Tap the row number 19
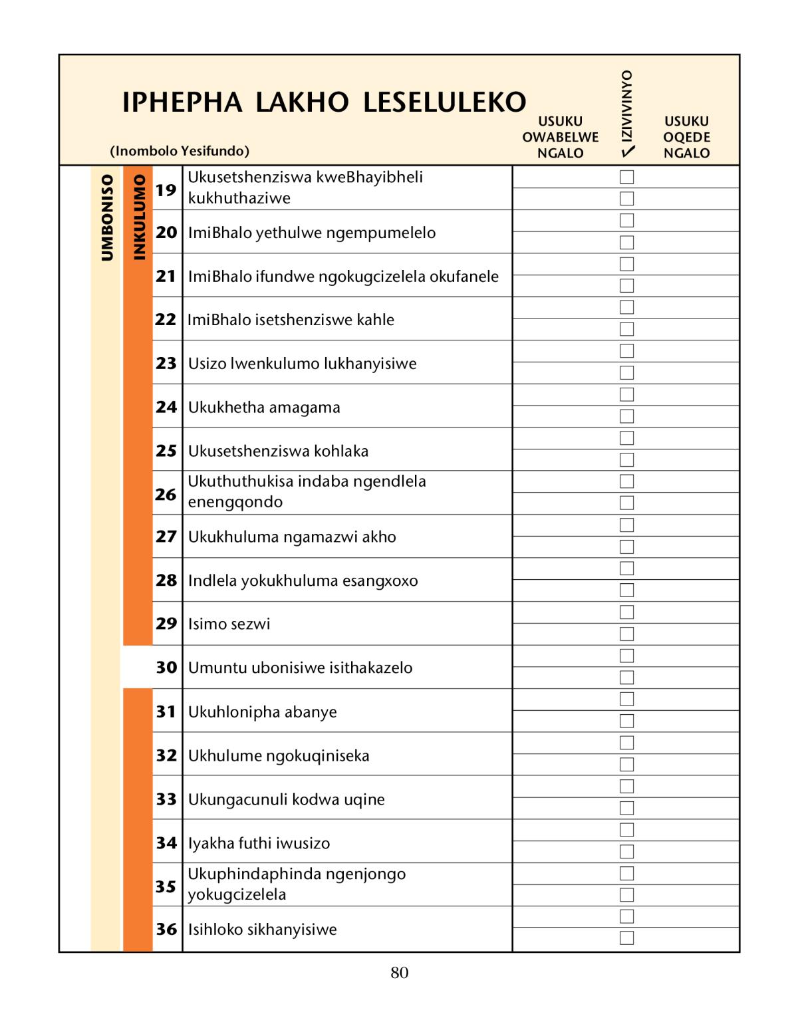166,190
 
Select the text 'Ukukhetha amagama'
264,407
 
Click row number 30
166,667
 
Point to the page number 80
399,973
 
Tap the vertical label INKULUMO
138,217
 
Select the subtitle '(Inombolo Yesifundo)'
180,151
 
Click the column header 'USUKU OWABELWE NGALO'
560,137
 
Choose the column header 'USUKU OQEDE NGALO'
686,137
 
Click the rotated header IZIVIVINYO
626,105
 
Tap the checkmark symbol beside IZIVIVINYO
626,152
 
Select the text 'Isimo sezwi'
229,624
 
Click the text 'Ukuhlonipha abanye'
262,711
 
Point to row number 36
166,929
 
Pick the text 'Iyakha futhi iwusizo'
259,843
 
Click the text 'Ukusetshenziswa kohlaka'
278,451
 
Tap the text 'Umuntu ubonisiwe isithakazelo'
300,668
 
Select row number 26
166,494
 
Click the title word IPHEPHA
182,103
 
